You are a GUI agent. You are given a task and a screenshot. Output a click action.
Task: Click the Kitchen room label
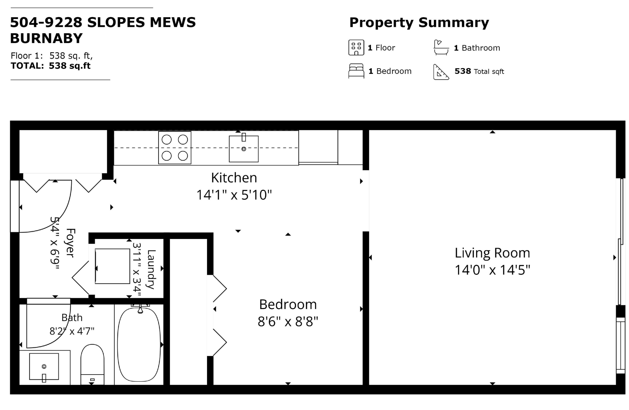coord(234,178)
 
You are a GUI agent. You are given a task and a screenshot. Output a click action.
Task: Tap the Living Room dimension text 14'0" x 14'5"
coord(492,270)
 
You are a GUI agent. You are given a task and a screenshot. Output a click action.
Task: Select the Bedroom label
coord(288,304)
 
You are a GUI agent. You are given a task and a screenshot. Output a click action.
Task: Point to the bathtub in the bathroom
coord(139,344)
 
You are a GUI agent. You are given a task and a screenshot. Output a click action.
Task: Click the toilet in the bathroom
coord(92,364)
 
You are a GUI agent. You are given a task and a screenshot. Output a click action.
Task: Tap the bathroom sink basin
coord(44,366)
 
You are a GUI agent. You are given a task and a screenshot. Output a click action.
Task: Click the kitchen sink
coord(244,149)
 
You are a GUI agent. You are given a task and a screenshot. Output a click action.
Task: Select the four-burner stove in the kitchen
coord(175,148)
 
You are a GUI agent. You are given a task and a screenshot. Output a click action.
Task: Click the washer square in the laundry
coord(112,266)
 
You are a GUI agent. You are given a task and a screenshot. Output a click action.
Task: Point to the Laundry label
coord(151,269)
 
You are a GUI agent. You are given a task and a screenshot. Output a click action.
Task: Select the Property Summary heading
coord(419,23)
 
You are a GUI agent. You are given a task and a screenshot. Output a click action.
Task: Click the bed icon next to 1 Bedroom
coord(356,71)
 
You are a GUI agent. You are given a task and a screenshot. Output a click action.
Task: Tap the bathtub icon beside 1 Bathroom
coord(441,48)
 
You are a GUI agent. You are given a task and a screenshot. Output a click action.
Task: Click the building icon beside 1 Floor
coord(356,48)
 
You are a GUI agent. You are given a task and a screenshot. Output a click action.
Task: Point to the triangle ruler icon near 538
coord(441,72)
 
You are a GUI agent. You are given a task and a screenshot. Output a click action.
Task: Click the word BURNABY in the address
coord(47,39)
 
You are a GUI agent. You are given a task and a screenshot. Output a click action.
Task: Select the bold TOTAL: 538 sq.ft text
coord(51,66)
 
